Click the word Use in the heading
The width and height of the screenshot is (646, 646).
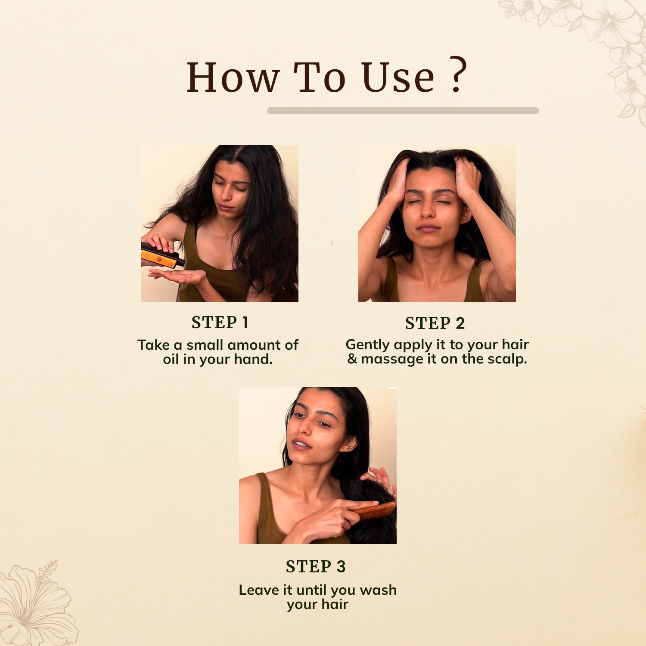[398, 78]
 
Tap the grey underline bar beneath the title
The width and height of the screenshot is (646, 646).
[403, 111]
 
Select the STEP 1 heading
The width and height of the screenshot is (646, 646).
[220, 323]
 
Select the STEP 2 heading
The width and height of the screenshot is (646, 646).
[435, 323]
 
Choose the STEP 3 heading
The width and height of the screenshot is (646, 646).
[316, 567]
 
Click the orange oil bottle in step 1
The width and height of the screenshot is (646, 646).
[162, 255]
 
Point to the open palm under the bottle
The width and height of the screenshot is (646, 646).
[177, 275]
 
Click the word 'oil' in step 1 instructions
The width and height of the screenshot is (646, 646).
[171, 359]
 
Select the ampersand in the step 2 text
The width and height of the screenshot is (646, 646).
[352, 359]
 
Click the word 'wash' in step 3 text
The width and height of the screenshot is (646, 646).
[378, 590]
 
